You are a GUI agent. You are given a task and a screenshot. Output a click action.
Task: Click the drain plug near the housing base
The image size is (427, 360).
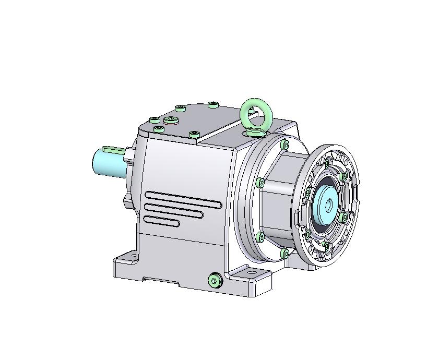tap(215, 281)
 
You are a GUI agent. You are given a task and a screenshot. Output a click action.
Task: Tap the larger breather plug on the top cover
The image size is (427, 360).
tap(171, 121)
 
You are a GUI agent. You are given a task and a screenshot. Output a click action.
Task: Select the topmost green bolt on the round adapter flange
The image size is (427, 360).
tap(284, 144)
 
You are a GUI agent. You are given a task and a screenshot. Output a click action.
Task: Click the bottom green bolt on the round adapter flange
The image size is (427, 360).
tap(284, 254)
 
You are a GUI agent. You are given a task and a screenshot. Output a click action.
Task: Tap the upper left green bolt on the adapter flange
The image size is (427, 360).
tap(260, 183)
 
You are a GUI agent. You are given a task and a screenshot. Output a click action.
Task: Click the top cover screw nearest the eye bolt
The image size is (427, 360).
tap(212, 105)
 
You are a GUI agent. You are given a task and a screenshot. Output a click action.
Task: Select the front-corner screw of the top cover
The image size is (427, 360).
tap(194, 134)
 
